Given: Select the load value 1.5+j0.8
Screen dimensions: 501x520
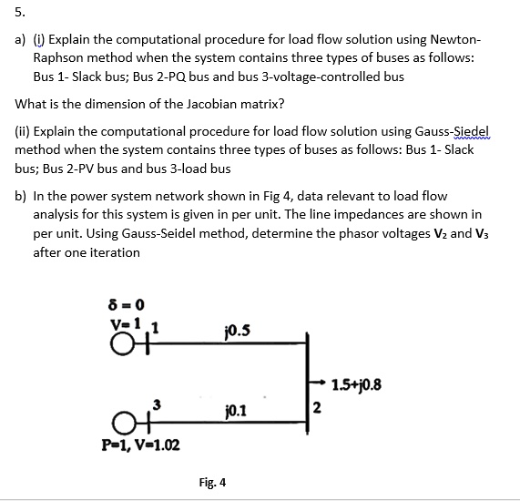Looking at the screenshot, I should click(x=357, y=383).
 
